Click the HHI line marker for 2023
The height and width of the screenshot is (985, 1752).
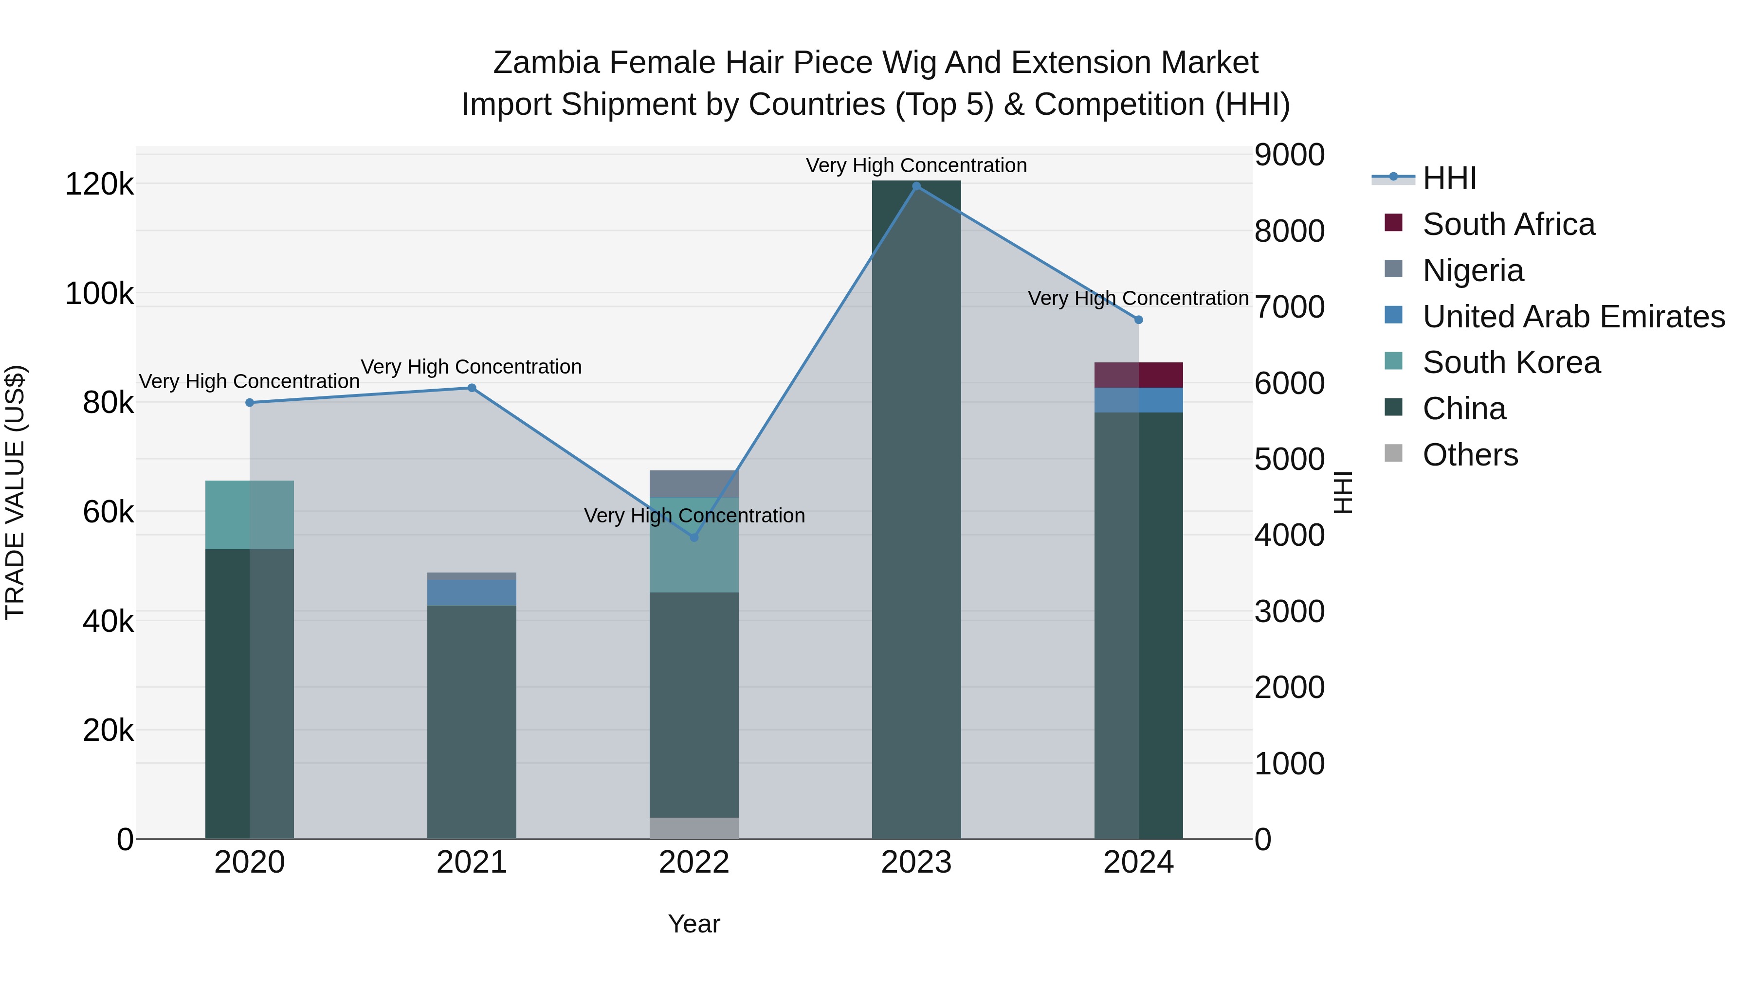[916, 186]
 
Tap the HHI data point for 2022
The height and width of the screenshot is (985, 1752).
[693, 537]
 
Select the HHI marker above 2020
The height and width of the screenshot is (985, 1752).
[250, 402]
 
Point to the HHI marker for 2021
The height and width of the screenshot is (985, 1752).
[471, 388]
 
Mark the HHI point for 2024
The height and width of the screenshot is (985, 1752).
[1138, 320]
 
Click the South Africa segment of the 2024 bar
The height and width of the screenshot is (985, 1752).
[1138, 375]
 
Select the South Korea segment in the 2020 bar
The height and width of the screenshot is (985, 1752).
[250, 515]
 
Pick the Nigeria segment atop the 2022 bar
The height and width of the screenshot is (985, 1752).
[693, 484]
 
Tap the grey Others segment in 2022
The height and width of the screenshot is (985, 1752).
[693, 828]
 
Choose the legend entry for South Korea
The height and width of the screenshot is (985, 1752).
[1511, 362]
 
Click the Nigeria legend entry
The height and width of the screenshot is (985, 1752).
[1473, 270]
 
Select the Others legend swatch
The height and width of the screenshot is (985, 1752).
[1393, 453]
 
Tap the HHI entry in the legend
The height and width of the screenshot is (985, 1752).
[1449, 178]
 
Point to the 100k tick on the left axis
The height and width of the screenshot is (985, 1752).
[99, 294]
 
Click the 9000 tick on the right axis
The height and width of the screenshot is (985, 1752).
[1289, 155]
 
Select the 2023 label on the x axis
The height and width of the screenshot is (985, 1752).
[916, 862]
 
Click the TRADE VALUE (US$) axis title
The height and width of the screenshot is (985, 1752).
[16, 492]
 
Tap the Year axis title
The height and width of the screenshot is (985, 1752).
[693, 924]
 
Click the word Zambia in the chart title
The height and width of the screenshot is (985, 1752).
[546, 63]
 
